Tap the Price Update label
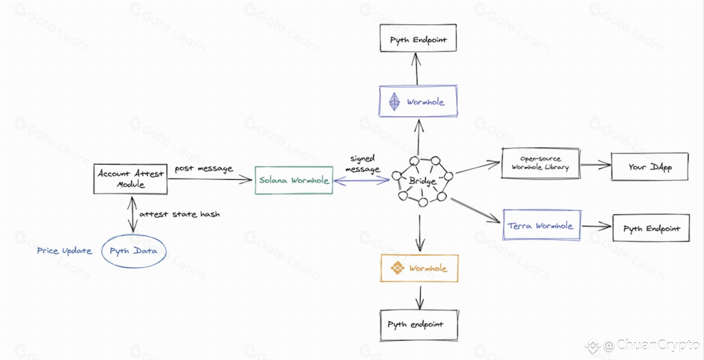[64, 251]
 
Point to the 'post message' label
[204, 169]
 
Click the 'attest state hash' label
[179, 214]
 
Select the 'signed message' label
[362, 164]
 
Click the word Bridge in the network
[422, 181]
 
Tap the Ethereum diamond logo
[394, 102]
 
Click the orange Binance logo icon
[397, 268]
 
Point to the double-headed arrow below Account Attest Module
[133, 214]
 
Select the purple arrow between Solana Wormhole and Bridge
[361, 181]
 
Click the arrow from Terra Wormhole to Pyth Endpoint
[596, 226]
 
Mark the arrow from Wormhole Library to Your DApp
[596, 164]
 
